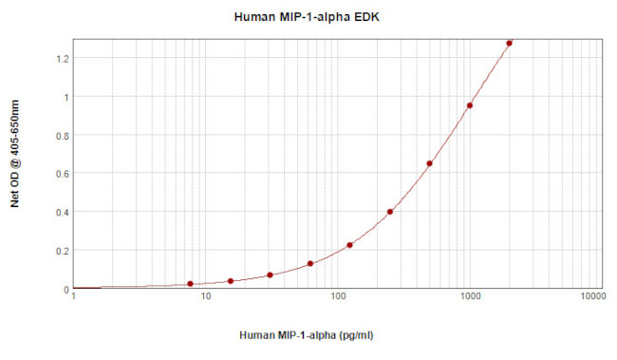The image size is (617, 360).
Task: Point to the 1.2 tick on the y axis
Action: click(x=63, y=58)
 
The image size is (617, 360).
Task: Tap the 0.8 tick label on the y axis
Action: click(x=63, y=135)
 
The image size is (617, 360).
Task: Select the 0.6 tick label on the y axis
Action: click(x=63, y=174)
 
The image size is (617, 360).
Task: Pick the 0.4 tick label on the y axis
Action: click(x=63, y=212)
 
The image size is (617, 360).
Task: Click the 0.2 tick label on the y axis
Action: click(x=63, y=251)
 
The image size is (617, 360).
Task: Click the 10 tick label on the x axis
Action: click(x=206, y=299)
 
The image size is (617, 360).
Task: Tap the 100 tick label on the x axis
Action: click(x=338, y=299)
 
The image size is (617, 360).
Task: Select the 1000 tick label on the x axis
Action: click(x=470, y=299)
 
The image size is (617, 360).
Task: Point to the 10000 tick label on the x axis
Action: click(x=591, y=299)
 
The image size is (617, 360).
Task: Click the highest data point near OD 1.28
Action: click(x=509, y=43)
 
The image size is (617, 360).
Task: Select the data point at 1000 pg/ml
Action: click(x=470, y=105)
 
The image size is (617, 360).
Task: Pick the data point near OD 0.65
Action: click(x=430, y=163)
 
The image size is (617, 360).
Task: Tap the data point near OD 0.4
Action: click(x=390, y=212)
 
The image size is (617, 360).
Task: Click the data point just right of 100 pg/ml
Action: click(x=349, y=245)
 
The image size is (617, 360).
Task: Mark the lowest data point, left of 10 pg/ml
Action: click(x=190, y=284)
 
